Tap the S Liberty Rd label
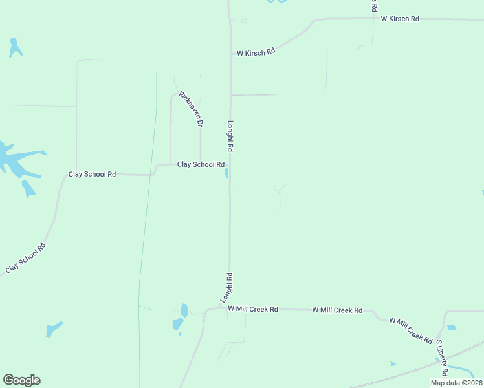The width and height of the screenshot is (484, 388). [x=441, y=358]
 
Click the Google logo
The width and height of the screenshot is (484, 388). [x=21, y=380]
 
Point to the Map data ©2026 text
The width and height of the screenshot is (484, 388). [x=456, y=383]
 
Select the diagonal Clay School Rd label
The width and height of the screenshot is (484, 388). [x=27, y=257]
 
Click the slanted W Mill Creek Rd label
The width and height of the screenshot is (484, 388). [x=410, y=330]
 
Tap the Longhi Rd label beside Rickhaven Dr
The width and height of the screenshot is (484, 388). [x=230, y=136]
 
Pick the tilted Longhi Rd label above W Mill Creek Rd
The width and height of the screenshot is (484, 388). [x=226, y=288]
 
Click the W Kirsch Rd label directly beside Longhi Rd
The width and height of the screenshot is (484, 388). [x=256, y=52]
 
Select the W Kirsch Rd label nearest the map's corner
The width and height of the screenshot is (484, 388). [x=400, y=19]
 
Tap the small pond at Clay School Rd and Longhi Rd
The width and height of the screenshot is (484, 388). [x=226, y=173]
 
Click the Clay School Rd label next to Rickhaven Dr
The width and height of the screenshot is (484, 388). [x=201, y=164]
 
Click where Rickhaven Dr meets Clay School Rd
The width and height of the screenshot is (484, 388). [x=201, y=164]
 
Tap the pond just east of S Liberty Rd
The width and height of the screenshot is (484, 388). [x=452, y=328]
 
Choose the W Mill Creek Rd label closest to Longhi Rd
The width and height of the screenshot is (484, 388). [x=252, y=310]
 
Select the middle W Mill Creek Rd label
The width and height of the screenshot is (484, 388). [x=337, y=310]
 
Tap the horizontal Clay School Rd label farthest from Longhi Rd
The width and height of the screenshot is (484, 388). [x=92, y=175]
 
